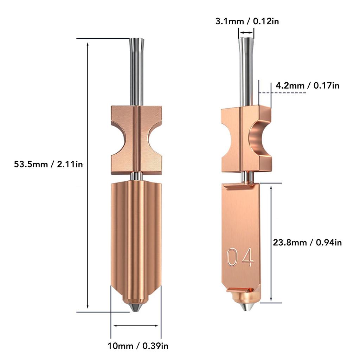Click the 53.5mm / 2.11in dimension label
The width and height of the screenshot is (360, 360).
(49, 164)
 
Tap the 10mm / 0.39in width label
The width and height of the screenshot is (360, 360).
(138, 346)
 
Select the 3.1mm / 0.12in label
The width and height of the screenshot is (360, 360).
(247, 21)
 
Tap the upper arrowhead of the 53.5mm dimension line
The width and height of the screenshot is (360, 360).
(88, 44)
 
